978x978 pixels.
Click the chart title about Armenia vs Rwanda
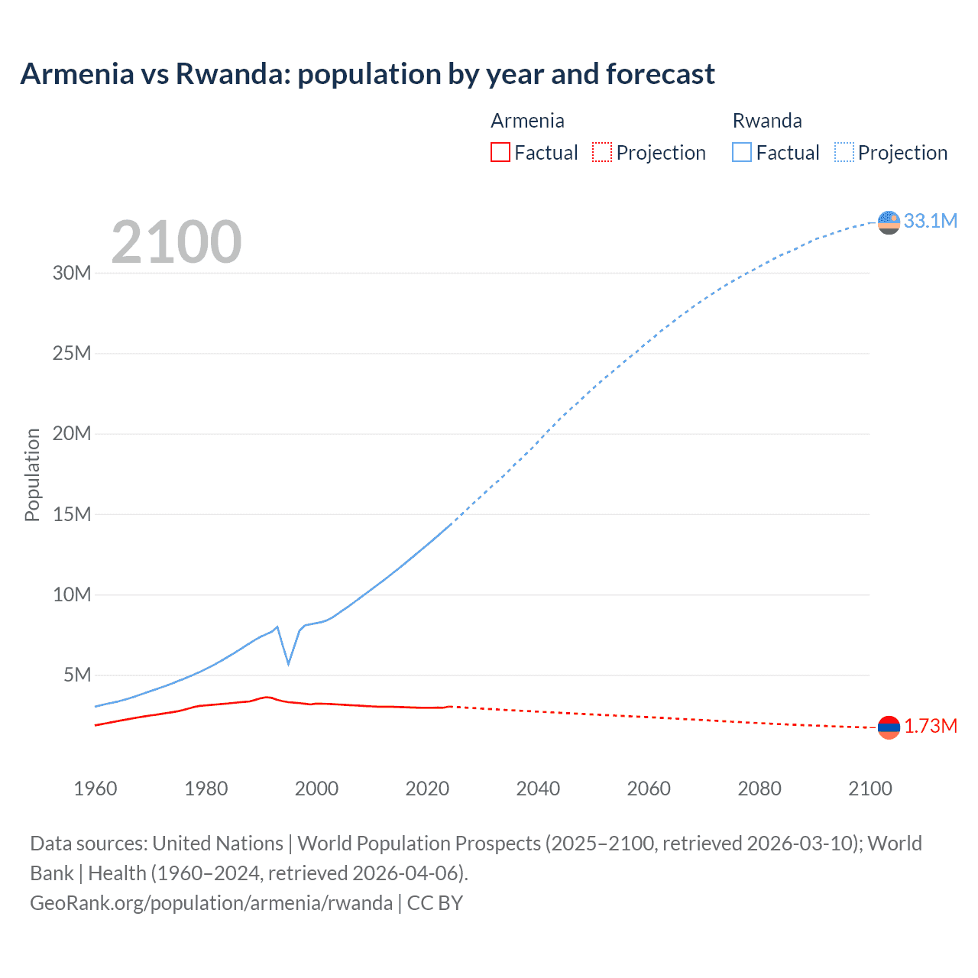pyautogui.click(x=368, y=74)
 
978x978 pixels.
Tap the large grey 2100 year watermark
pyautogui.click(x=176, y=242)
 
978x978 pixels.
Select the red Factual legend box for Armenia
pyautogui.click(x=500, y=152)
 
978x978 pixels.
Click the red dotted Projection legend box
pyautogui.click(x=602, y=152)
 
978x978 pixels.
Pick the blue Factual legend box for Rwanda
pyautogui.click(x=741, y=152)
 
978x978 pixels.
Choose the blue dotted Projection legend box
pyautogui.click(x=844, y=152)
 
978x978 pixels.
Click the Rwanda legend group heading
pyautogui.click(x=767, y=121)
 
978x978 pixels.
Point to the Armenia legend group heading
pyautogui.click(x=527, y=121)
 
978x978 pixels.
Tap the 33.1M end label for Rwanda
pyautogui.click(x=930, y=221)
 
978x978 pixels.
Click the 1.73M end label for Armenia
pyautogui.click(x=930, y=726)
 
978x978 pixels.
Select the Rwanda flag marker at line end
pyautogui.click(x=889, y=222)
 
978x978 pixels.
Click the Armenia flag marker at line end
pyautogui.click(x=889, y=727)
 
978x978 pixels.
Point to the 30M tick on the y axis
pyautogui.click(x=72, y=273)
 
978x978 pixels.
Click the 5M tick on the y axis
pyautogui.click(x=77, y=675)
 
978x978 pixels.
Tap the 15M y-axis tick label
pyautogui.click(x=72, y=514)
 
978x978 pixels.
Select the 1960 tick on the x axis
pyautogui.click(x=96, y=789)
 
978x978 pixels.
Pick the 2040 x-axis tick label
pyautogui.click(x=538, y=789)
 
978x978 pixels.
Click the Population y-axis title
pyautogui.click(x=32, y=474)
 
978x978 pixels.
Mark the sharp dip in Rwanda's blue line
pyautogui.click(x=288, y=662)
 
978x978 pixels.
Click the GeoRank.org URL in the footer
pyautogui.click(x=211, y=902)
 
